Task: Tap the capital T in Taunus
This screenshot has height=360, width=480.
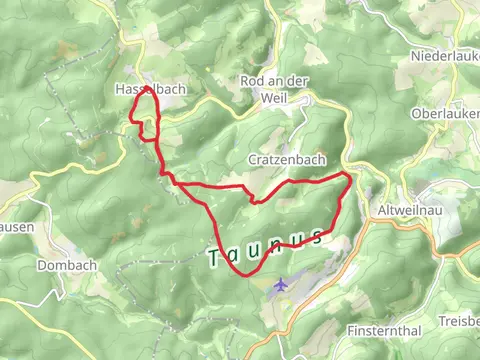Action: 215,260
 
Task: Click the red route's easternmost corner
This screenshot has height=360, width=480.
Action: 350,178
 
